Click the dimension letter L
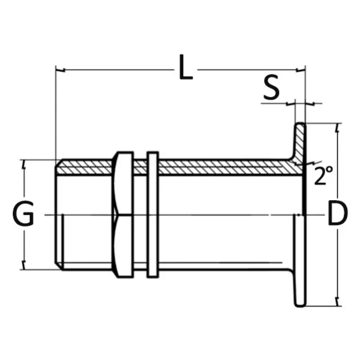tap(185, 67)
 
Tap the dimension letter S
tap(271, 87)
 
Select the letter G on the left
tap(23, 213)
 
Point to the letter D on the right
tap(338, 213)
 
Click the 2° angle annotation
tap(323, 175)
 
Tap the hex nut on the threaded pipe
tap(123, 215)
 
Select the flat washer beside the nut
tap(153, 215)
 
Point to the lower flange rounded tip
tap(300, 305)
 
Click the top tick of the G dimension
tap(24, 164)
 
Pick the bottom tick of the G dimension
tap(24, 265)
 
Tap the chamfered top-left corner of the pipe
tap(58, 163)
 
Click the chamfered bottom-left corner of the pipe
tap(58, 266)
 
